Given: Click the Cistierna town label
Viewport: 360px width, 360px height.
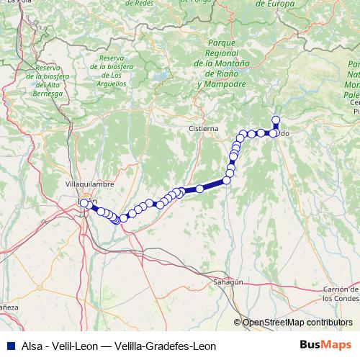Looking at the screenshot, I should tap(203, 128).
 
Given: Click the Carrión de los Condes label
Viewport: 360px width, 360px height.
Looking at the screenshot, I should tap(341, 293).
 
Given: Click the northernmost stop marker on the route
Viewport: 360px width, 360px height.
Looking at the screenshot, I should tap(275, 120).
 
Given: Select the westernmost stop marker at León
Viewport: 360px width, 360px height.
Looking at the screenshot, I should tap(84, 204).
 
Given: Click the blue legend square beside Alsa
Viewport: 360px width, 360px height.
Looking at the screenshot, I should tap(6, 345).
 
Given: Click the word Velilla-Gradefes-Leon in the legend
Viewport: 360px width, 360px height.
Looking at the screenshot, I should tap(175, 345).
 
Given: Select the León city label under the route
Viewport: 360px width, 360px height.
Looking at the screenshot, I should tap(87, 202).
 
